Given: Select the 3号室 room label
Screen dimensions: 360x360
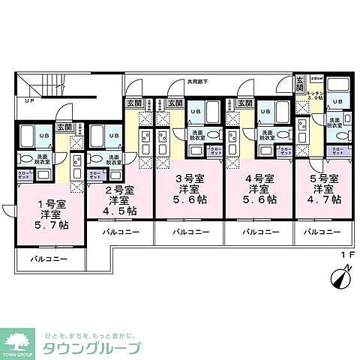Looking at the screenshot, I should point(188,178).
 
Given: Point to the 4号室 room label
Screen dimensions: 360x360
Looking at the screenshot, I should point(258,178).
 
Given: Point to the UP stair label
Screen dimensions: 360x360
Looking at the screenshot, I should point(29,101).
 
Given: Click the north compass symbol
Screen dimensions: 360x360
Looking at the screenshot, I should point(337,279).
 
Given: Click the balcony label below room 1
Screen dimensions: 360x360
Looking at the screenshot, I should point(49,259).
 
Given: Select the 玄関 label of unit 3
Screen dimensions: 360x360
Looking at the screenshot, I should point(175,103).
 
